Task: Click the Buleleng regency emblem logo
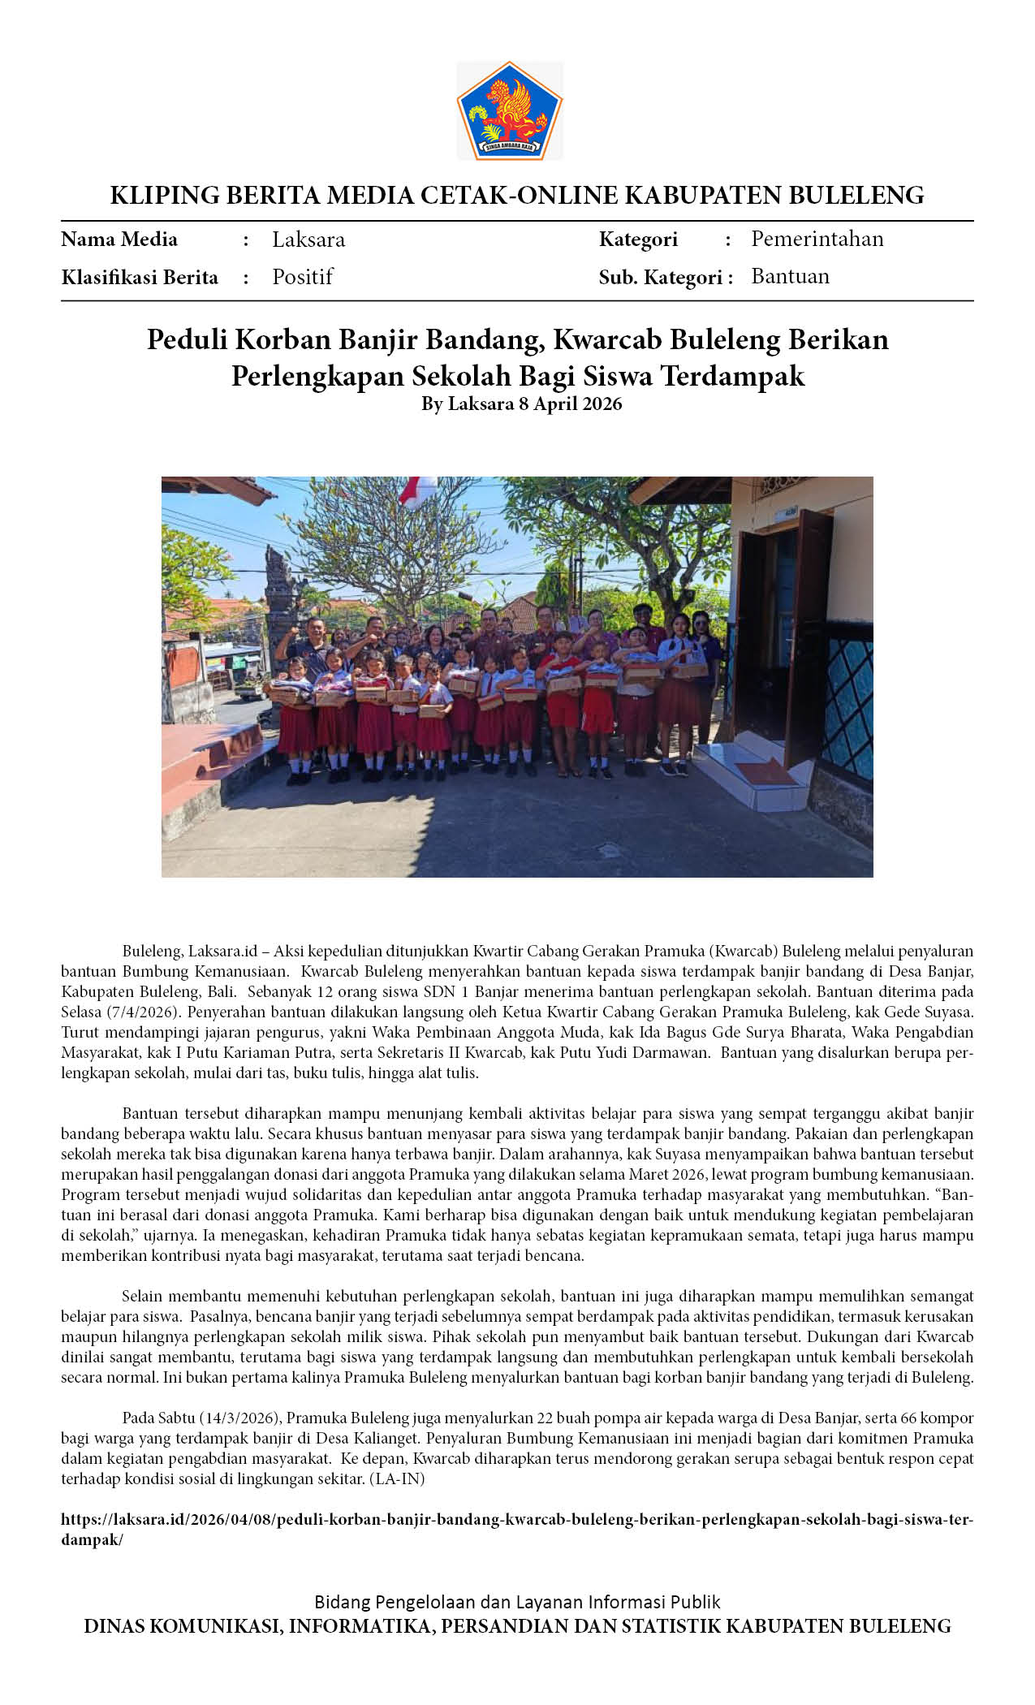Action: tap(510, 110)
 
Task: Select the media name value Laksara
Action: tap(308, 240)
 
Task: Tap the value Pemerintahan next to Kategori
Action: tap(817, 239)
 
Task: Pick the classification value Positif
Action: tap(302, 277)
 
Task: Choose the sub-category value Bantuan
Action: tap(790, 276)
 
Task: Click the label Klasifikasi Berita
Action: tap(140, 278)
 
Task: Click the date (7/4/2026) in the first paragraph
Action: tap(143, 1012)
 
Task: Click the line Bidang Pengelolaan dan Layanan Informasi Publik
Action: tap(517, 1602)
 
